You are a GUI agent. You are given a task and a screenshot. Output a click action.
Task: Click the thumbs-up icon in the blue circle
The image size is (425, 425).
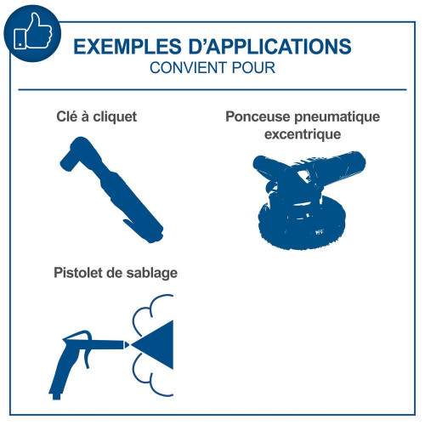click(33, 31)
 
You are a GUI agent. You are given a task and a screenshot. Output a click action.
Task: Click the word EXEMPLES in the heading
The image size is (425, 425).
click(127, 47)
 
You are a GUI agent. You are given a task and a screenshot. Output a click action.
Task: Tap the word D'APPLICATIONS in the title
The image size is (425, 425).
click(270, 47)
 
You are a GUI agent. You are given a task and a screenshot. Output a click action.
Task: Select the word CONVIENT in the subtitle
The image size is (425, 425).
click(188, 68)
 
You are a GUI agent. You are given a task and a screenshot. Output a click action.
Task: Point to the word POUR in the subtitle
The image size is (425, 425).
click(253, 68)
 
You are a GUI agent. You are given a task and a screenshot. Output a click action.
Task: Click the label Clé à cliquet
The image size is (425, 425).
click(97, 116)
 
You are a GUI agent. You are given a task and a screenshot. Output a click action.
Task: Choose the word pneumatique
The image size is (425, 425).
click(337, 117)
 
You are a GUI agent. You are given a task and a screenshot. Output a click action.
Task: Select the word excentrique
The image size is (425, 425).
click(303, 134)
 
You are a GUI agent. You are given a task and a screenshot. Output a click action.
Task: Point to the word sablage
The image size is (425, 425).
click(152, 273)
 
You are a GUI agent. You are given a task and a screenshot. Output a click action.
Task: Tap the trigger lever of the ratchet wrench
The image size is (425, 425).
click(133, 225)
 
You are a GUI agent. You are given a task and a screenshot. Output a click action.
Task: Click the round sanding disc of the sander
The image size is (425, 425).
click(302, 224)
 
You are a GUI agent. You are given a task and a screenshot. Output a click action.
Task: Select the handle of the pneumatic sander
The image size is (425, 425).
click(337, 167)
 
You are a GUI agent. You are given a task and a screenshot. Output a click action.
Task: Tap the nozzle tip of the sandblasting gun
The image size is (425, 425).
click(127, 345)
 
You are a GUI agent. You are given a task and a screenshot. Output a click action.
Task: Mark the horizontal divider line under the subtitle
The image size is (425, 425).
click(212, 89)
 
